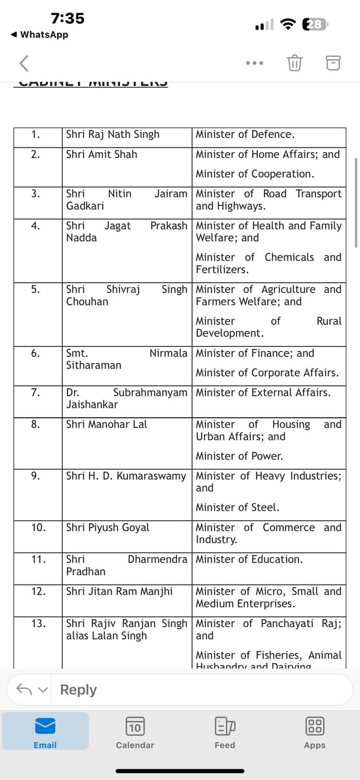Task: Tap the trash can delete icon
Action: pos(295,63)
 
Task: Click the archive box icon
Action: pos(333,63)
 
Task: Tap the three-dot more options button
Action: pos(255,63)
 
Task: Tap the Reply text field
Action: pos(195,690)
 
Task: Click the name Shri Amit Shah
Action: pos(101,155)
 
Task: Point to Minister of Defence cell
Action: pos(245,135)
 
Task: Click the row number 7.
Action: pos(35,392)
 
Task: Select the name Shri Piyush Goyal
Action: pos(108,527)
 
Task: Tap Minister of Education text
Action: pos(249,560)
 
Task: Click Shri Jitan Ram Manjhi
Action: pos(120,591)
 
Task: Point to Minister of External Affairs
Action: pos(263,392)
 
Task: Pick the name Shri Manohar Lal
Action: pos(106,425)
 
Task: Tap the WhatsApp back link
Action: pos(40,35)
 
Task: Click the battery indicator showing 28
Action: pos(315,24)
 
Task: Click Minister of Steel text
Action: pos(238,507)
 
